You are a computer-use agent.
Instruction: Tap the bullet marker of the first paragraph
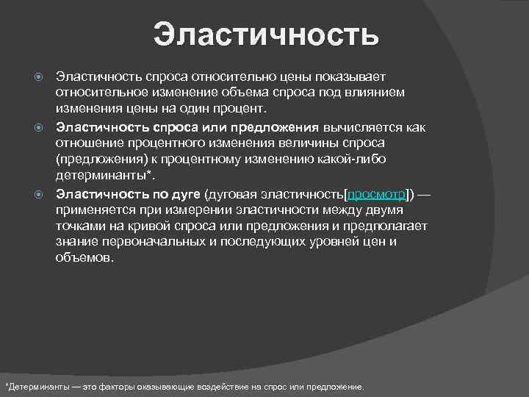41,76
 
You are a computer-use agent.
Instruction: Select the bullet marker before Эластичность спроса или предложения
41,126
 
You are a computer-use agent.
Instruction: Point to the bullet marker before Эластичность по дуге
41,194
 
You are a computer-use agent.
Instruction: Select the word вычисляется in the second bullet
362,126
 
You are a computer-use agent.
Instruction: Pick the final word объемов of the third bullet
84,259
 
